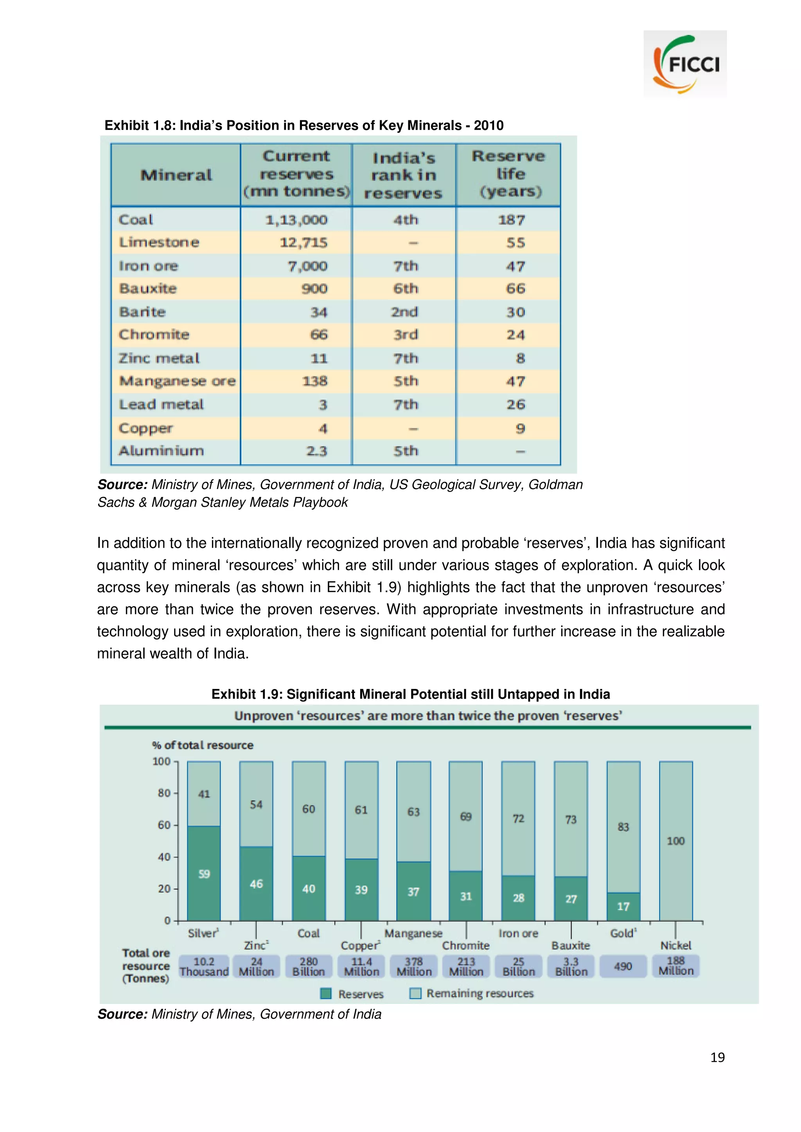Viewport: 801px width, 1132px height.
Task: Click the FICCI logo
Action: pos(685,63)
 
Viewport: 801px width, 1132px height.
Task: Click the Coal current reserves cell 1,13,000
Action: pos(296,220)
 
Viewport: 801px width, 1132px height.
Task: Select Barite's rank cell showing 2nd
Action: pos(405,312)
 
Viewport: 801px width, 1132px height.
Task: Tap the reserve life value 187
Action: pos(511,220)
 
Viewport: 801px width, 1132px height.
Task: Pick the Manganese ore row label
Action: pos(177,381)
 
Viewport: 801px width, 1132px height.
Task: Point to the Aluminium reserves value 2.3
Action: pos(316,451)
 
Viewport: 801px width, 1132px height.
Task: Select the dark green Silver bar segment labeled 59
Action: pos(204,874)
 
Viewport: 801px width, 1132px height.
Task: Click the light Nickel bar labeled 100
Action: pos(675,841)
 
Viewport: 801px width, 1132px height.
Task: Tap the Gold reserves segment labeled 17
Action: pos(623,906)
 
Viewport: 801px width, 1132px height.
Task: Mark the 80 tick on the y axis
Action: pos(164,793)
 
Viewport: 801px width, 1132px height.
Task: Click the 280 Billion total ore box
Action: pos(309,966)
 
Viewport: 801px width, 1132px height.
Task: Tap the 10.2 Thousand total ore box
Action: pos(204,966)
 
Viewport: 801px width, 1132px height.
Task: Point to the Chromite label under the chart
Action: pos(465,945)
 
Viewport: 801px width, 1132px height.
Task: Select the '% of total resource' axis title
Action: pos(203,745)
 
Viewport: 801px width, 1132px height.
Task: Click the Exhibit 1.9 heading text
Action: pos(411,694)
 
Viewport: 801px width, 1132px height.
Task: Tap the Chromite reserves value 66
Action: pos(319,335)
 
